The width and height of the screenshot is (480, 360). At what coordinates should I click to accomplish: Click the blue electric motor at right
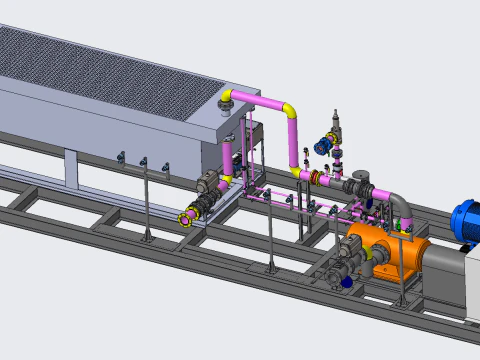466,221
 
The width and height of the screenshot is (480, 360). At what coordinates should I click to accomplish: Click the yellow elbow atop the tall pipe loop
290,111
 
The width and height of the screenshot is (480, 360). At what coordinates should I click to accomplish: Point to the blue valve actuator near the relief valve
323,147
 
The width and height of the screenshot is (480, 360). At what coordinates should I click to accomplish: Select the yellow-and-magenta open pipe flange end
186,217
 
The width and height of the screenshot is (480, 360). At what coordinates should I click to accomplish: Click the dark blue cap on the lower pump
347,282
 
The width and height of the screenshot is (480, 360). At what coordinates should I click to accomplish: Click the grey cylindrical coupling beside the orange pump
440,266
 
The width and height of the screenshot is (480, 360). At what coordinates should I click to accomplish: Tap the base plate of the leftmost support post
147,238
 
